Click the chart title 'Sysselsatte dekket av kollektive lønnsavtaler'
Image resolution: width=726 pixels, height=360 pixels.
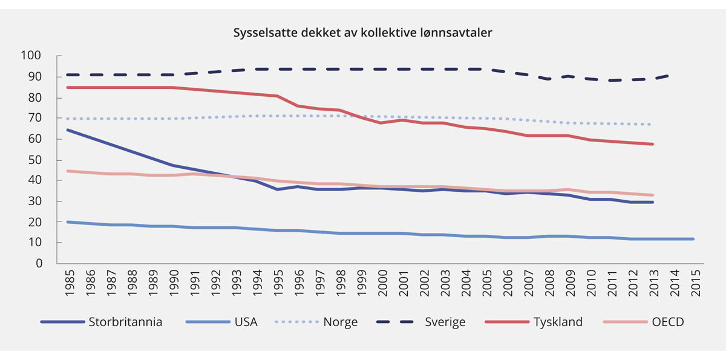point(363,33)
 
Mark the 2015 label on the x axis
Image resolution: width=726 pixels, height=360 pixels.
point(694,282)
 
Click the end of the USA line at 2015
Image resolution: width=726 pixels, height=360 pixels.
point(693,239)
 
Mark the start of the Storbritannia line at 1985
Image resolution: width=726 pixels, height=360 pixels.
point(68,129)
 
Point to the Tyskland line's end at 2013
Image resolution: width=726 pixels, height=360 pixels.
point(652,144)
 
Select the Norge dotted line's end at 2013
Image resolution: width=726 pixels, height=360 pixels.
point(652,125)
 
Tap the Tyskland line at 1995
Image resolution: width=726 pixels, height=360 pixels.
point(276,96)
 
